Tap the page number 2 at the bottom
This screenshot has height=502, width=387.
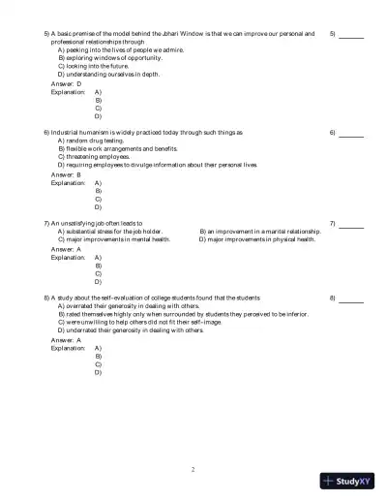193,468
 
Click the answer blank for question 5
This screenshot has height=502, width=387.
351,36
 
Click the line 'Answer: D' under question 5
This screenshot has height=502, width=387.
67,84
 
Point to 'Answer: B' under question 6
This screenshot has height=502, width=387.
67,173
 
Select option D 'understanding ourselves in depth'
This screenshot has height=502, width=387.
108,74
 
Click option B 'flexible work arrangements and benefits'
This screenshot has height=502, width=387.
117,148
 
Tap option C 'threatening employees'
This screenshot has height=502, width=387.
96,157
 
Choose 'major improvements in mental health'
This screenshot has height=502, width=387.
115,240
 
